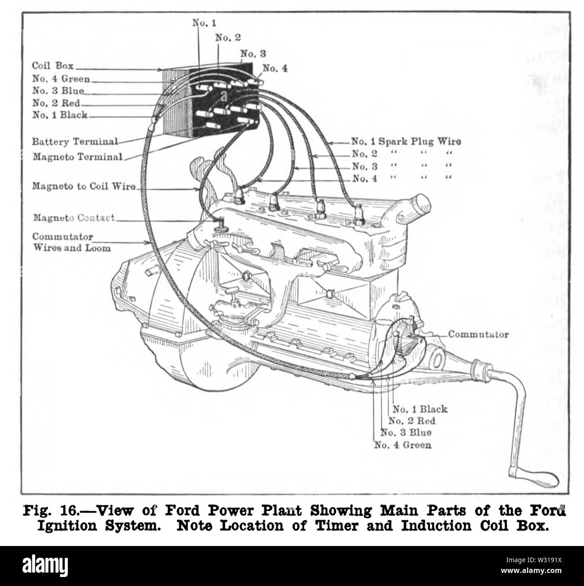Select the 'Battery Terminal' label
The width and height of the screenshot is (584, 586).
point(75,142)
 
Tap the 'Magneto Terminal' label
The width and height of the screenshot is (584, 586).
point(77,157)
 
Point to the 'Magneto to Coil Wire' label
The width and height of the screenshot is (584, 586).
point(84,186)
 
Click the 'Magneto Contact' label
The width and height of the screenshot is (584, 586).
point(74,218)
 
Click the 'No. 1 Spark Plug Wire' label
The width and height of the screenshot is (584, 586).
point(406,142)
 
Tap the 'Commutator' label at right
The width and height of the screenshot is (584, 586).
point(478,334)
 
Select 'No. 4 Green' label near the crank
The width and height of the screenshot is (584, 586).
point(403,445)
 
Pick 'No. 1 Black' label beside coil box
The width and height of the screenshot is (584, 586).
point(60,115)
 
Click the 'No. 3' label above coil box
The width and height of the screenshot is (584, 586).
point(253,53)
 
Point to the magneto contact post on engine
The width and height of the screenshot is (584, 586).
point(221,223)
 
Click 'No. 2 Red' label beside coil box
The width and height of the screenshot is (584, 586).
point(56,103)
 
